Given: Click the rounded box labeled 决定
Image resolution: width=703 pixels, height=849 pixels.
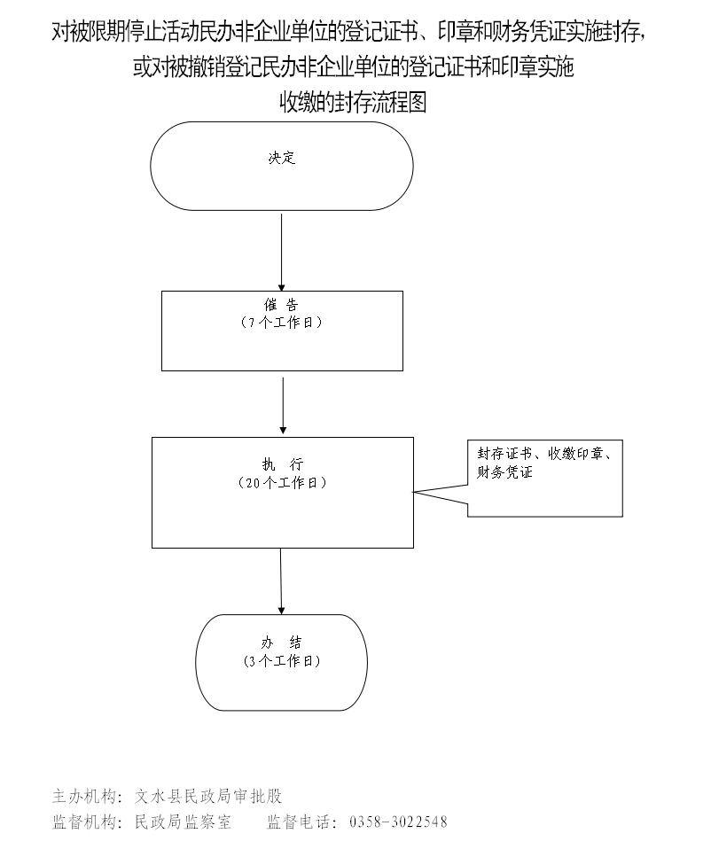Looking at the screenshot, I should pyautogui.click(x=282, y=166).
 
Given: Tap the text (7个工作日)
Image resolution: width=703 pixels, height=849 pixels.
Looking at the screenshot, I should pyautogui.click(x=281, y=323).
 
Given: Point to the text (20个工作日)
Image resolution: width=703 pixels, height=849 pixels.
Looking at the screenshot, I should pyautogui.click(x=282, y=483).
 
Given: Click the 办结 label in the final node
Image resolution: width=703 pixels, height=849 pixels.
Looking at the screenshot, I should pyautogui.click(x=281, y=643).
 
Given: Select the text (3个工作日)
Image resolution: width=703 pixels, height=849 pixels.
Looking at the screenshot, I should pyautogui.click(x=281, y=661).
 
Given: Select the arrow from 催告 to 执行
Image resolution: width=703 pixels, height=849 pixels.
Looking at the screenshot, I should pyautogui.click(x=282, y=406).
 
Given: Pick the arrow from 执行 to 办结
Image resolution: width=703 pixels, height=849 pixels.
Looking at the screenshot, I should pyautogui.click(x=281, y=580).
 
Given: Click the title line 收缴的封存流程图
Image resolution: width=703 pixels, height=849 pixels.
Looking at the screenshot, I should pyautogui.click(x=354, y=103).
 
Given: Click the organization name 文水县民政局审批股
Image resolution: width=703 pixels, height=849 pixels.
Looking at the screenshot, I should pyautogui.click(x=208, y=795).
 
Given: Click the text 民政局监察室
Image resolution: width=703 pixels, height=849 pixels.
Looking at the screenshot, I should pyautogui.click(x=183, y=822).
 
